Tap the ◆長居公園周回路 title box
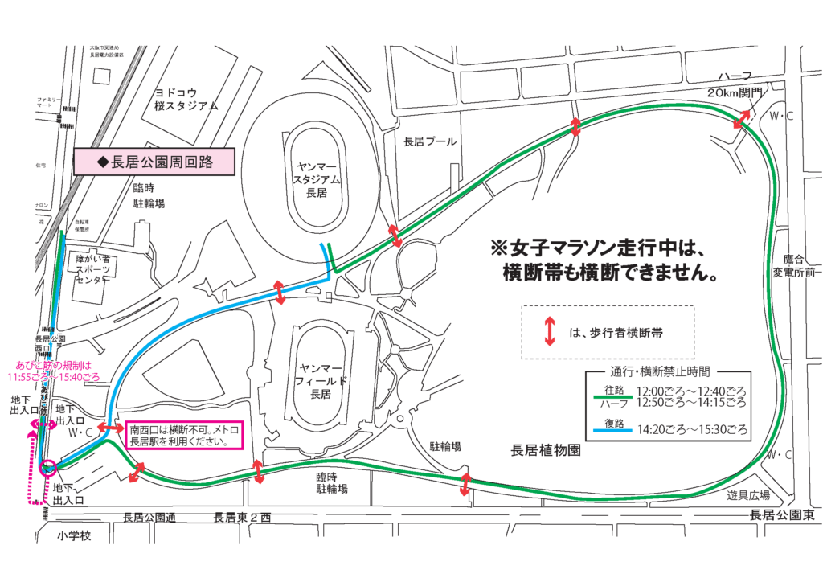(154, 162)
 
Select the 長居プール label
(430, 141)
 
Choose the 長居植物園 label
(545, 450)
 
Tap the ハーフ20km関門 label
(737, 83)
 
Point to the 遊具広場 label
(748, 494)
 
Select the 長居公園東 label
(781, 515)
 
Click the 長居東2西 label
(243, 517)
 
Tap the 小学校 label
(76, 535)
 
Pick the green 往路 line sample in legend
(609, 396)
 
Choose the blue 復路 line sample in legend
(609, 430)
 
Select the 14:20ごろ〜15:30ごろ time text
(692, 430)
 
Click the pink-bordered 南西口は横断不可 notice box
(184, 434)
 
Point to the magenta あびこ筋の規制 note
(53, 371)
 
